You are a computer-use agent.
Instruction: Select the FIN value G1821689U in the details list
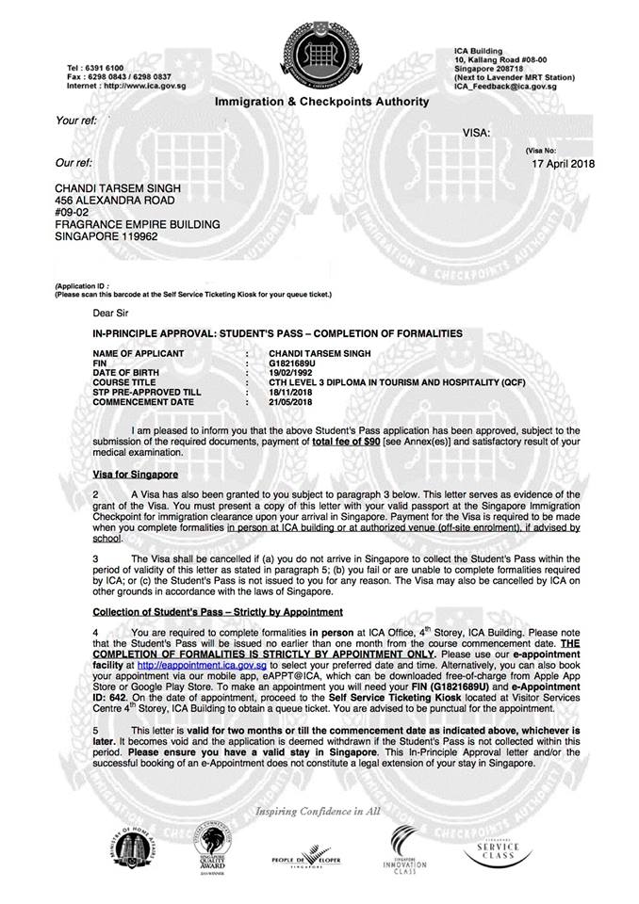[294, 363]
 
